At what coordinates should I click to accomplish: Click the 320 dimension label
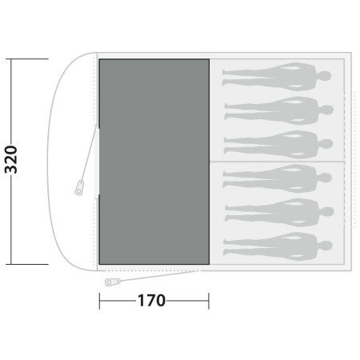(x=11, y=159)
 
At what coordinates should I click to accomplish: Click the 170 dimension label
(x=151, y=301)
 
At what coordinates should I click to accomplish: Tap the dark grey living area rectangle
(x=154, y=162)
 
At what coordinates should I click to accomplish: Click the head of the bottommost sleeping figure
(x=325, y=246)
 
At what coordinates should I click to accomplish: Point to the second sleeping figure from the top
(x=278, y=110)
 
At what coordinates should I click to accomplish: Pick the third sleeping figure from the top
(x=278, y=145)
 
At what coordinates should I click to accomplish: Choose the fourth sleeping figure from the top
(x=278, y=178)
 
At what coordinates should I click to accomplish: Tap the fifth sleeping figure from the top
(x=279, y=212)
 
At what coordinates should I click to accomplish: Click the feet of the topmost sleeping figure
(x=225, y=78)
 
